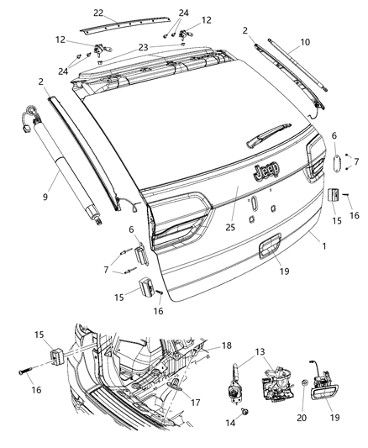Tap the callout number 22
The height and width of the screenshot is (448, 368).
(x=98, y=13)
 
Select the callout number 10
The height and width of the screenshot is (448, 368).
(x=305, y=41)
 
